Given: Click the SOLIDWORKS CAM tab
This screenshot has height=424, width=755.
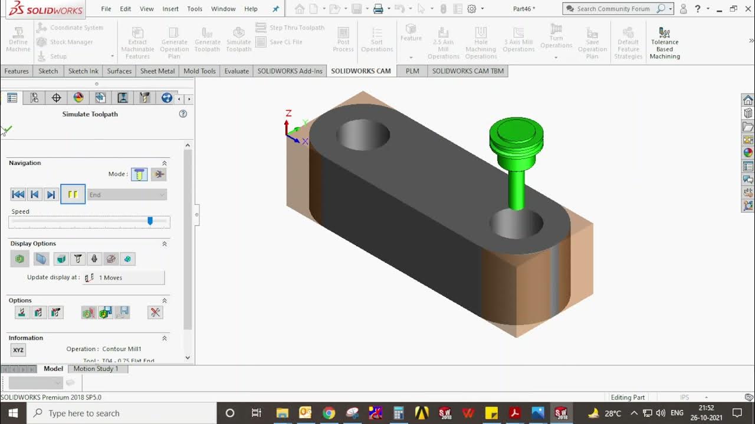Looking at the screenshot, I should click(360, 71).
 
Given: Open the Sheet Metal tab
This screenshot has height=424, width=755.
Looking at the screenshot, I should click(157, 71).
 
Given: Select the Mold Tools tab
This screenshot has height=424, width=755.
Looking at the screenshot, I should click(199, 71).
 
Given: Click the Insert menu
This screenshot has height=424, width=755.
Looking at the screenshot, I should click(170, 9).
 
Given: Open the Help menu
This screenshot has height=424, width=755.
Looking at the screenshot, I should click(251, 9).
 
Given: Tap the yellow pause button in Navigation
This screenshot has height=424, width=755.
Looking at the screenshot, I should click(73, 194).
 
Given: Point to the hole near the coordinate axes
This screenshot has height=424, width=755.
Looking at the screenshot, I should click(363, 134).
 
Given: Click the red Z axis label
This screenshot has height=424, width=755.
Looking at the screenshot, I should click(288, 113).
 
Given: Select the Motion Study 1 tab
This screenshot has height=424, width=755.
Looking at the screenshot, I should click(96, 369).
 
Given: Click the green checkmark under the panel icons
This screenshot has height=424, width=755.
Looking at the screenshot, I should click(7, 130).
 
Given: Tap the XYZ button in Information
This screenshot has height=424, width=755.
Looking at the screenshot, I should click(18, 350).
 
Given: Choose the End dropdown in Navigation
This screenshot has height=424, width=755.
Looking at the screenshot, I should click(127, 195).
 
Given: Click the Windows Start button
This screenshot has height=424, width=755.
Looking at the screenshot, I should click(13, 413).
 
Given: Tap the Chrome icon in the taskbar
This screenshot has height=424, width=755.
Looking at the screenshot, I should click(329, 413).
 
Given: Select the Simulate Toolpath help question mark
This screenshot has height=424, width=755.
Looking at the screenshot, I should click(183, 114).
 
